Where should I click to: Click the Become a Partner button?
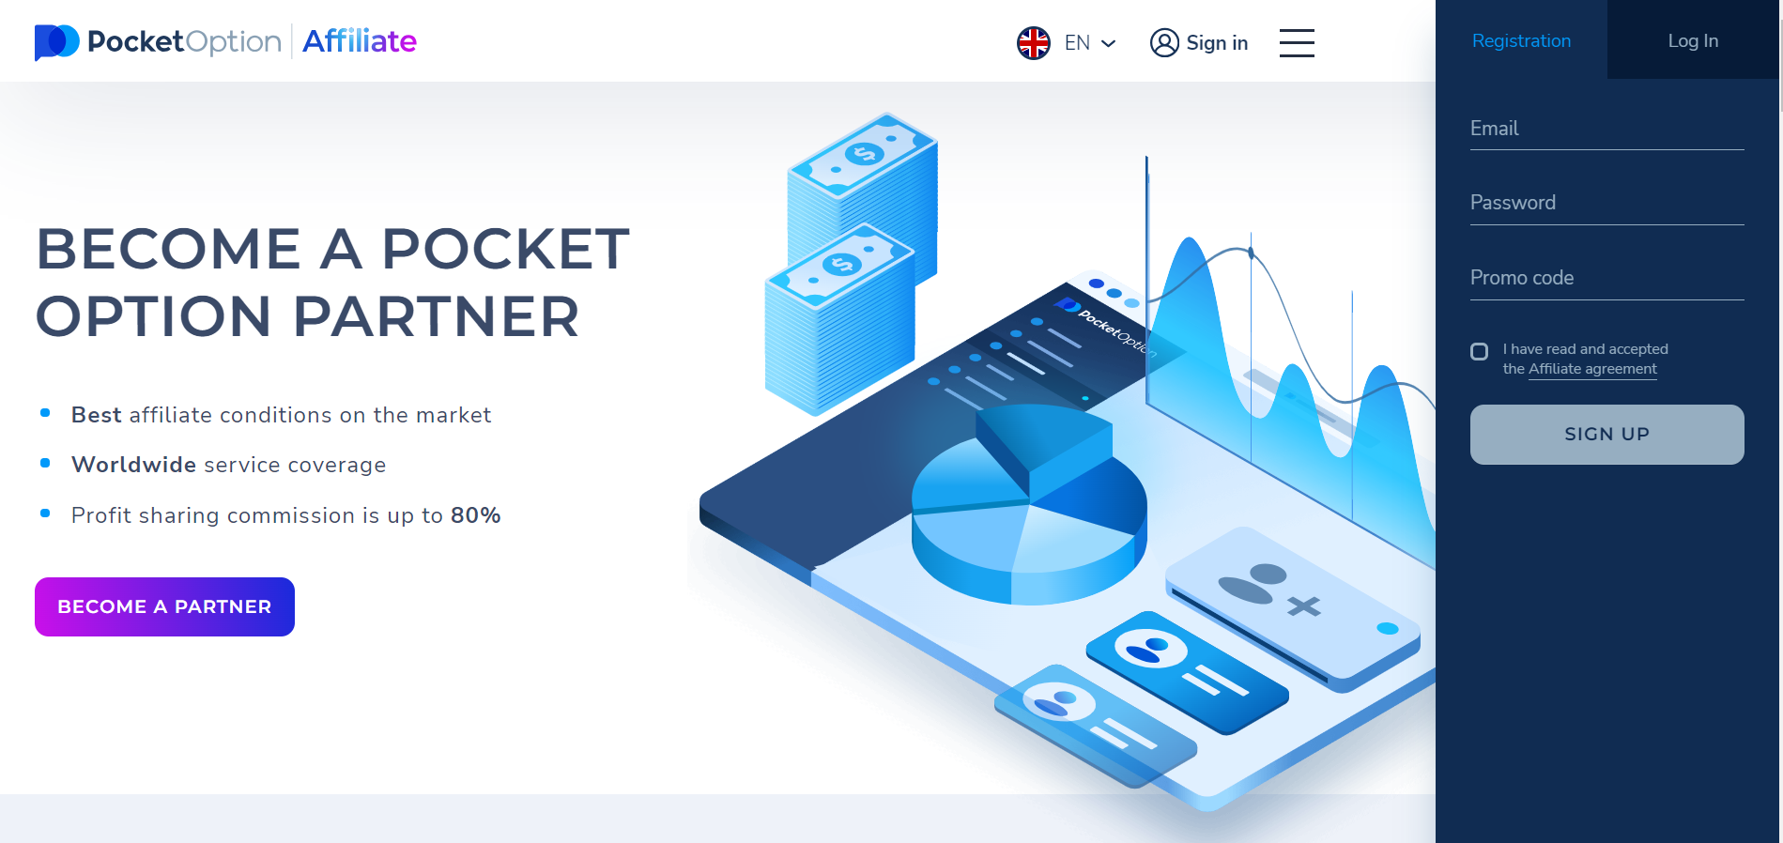click(164, 606)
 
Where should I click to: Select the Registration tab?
click(1521, 40)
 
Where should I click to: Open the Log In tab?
click(1693, 40)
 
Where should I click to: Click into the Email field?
click(1606, 130)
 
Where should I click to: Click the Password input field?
click(1606, 204)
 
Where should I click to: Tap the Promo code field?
click(1606, 279)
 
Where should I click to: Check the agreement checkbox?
click(1480, 352)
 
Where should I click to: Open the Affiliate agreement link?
click(1592, 369)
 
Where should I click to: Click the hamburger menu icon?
click(1297, 42)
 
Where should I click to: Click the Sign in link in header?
click(1199, 43)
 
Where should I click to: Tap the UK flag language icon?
click(1034, 43)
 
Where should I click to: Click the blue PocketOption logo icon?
click(56, 41)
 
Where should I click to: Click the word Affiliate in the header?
click(360, 41)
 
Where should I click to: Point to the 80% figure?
click(475, 515)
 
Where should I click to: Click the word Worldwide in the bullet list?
click(133, 465)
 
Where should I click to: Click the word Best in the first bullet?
click(96, 415)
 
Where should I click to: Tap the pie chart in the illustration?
click(1028, 507)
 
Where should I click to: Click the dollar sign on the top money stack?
click(864, 154)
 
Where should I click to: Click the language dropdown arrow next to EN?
click(1108, 43)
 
